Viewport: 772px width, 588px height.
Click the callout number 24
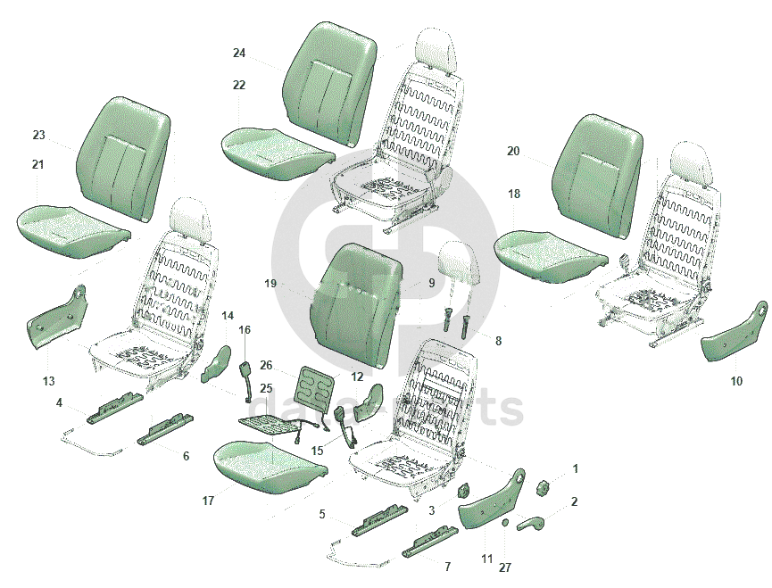click(239, 54)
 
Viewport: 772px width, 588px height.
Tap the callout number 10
click(736, 381)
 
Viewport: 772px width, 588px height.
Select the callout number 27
click(504, 567)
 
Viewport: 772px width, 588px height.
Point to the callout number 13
click(48, 381)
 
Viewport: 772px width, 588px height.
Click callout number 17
click(208, 501)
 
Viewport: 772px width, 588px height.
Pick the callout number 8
click(498, 340)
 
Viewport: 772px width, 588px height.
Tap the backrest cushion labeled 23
click(121, 157)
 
